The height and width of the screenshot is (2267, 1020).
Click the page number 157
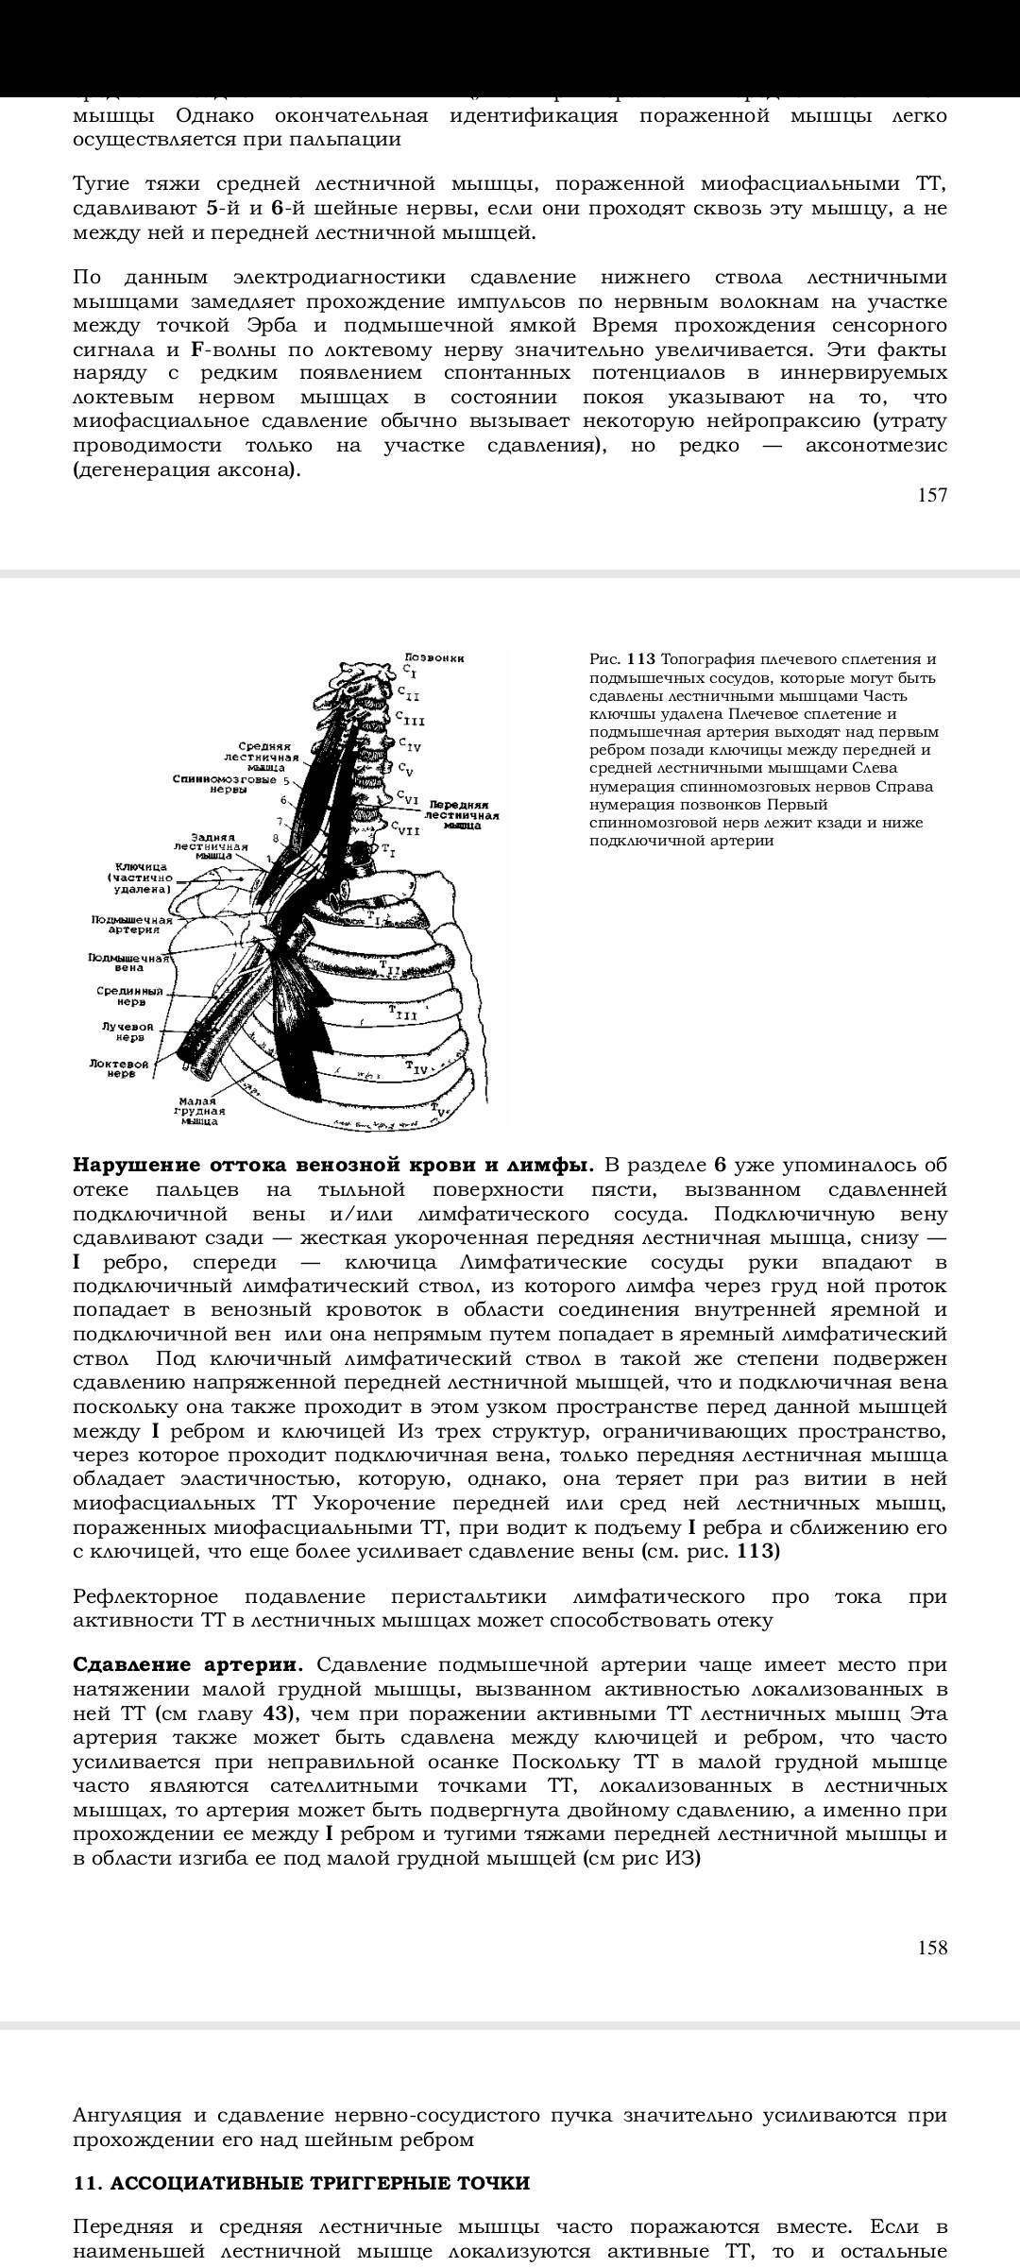[x=931, y=495]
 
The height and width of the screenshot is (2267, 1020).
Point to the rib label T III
[x=403, y=1014]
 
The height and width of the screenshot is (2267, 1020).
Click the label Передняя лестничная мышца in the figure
[x=462, y=816]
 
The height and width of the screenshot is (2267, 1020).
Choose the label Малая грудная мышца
[x=199, y=1111]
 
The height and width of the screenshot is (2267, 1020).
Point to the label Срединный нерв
[x=130, y=997]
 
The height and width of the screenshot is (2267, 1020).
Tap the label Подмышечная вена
[x=129, y=963]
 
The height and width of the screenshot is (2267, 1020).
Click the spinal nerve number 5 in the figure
[x=285, y=781]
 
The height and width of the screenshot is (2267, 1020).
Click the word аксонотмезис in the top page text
[x=875, y=446]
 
